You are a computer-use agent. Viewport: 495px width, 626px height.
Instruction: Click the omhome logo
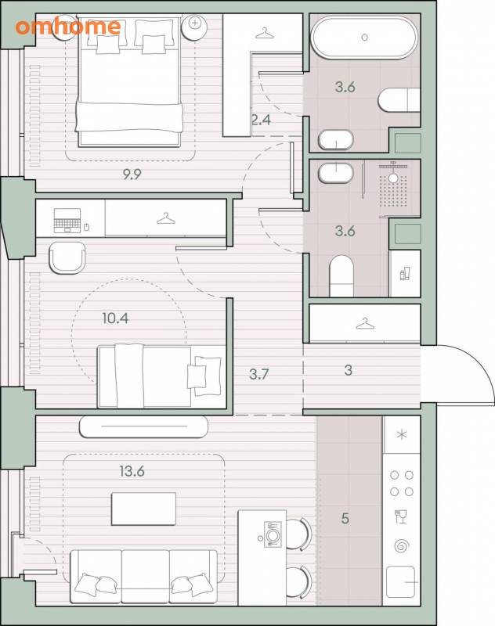pyautogui.click(x=68, y=27)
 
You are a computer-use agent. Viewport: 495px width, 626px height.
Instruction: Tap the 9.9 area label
pyautogui.click(x=132, y=174)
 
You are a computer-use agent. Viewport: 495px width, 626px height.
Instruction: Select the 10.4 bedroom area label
pyautogui.click(x=115, y=318)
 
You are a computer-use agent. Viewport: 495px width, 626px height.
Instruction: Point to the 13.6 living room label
pyautogui.click(x=132, y=471)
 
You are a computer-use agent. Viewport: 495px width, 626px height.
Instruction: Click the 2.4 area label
pyautogui.click(x=262, y=120)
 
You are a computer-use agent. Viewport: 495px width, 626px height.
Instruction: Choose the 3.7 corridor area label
pyautogui.click(x=259, y=374)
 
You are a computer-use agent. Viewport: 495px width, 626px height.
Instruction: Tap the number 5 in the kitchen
pyautogui.click(x=345, y=519)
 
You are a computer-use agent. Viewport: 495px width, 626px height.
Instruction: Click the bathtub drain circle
pyautogui.click(x=364, y=38)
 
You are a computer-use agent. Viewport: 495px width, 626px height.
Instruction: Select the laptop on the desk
pyautogui.click(x=67, y=221)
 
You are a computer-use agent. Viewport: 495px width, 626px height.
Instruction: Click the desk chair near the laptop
pyautogui.click(x=67, y=258)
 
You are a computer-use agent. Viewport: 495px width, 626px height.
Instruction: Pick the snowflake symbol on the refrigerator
pyautogui.click(x=402, y=434)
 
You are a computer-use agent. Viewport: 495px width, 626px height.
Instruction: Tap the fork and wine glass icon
pyautogui.click(x=401, y=516)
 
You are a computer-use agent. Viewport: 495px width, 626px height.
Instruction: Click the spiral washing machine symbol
pyautogui.click(x=401, y=545)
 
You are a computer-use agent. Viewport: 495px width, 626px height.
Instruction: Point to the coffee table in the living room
pyautogui.click(x=143, y=509)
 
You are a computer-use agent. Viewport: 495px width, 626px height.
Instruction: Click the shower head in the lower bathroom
pyautogui.click(x=393, y=178)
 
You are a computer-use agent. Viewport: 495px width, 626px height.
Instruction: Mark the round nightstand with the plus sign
pyautogui.click(x=194, y=27)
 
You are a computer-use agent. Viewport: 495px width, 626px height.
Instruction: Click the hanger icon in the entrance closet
pyautogui.click(x=365, y=324)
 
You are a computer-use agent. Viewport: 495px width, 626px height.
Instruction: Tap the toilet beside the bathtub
pyautogui.click(x=399, y=100)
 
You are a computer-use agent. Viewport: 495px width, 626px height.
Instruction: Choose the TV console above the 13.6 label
pyautogui.click(x=143, y=426)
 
